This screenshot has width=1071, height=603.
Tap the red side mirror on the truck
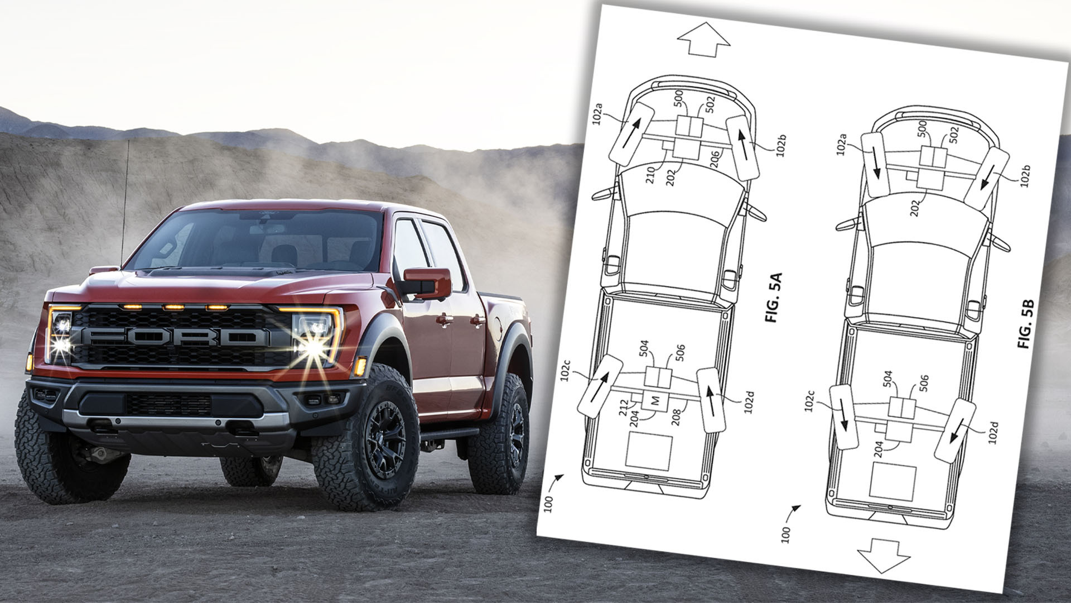[427, 283]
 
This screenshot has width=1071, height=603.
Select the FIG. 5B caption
[1026, 324]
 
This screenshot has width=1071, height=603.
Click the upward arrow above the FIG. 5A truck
[703, 39]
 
